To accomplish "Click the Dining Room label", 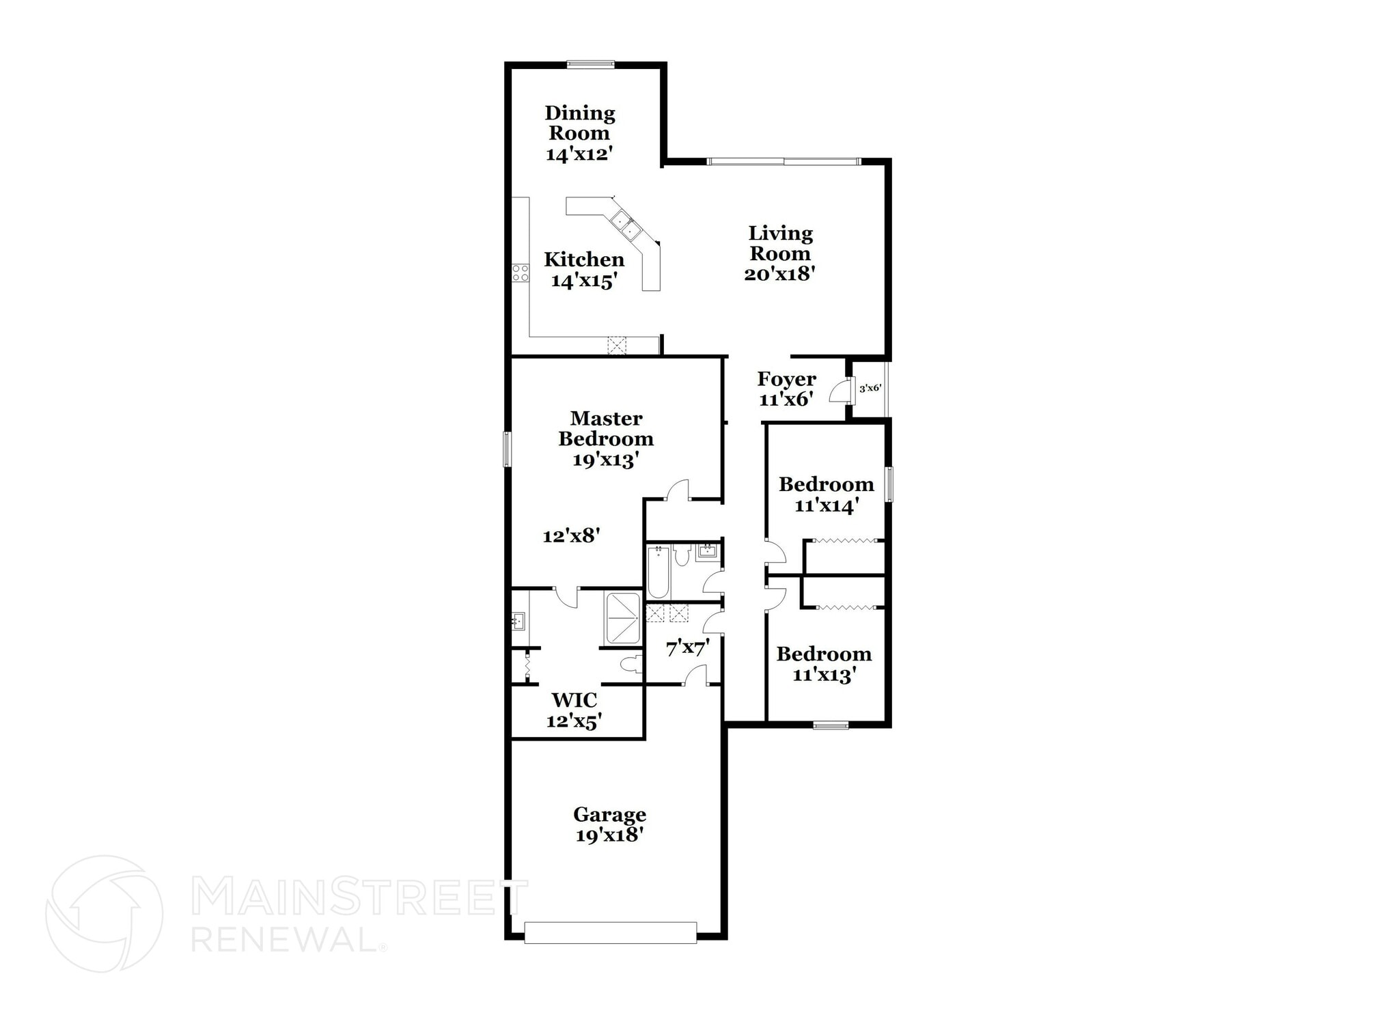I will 579,123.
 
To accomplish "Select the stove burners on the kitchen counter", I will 521,273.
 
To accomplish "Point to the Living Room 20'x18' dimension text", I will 780,275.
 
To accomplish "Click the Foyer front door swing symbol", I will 839,392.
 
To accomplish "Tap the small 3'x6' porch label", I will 870,388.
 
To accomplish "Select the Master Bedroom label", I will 606,428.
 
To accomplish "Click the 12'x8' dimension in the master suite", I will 571,536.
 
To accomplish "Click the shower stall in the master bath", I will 622,619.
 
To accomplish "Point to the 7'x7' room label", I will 688,647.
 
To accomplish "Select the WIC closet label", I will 574,700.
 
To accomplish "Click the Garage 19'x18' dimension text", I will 609,835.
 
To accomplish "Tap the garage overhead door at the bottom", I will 610,932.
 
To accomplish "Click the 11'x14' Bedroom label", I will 826,494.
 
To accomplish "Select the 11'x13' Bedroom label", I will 824,665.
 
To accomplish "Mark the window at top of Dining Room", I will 590,65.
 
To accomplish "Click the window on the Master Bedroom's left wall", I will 507,449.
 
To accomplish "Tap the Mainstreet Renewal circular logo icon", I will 104,913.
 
